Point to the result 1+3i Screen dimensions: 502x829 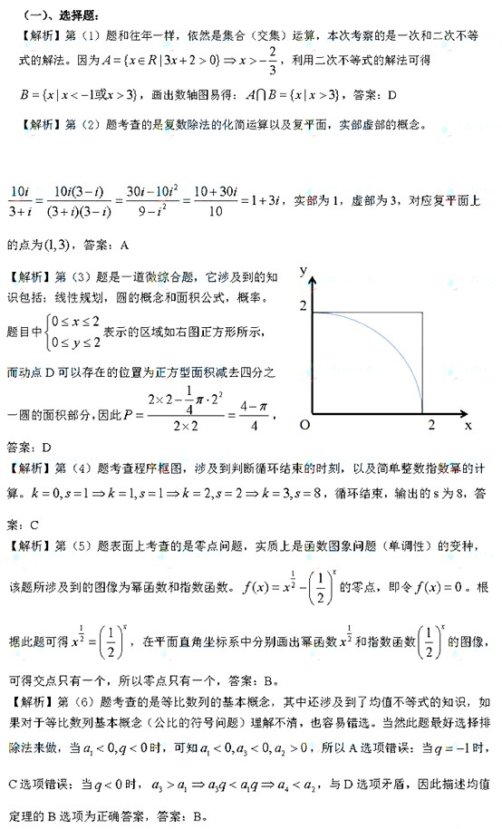coord(274,200)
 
